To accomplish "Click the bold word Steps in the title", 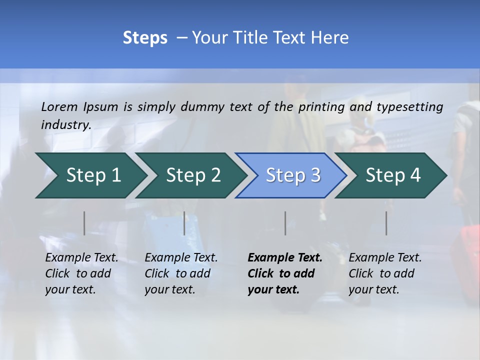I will click(x=145, y=38).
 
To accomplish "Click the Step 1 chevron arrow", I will click(x=90, y=175).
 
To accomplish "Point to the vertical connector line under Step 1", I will click(x=84, y=223).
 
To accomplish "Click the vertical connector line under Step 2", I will click(x=184, y=223).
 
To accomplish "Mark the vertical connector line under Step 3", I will click(x=285, y=223).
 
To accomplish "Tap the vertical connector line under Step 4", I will click(x=386, y=223).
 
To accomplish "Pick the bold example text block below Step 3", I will click(x=284, y=273).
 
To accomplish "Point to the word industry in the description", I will click(x=65, y=125).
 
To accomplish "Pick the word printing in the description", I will click(x=322, y=106).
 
